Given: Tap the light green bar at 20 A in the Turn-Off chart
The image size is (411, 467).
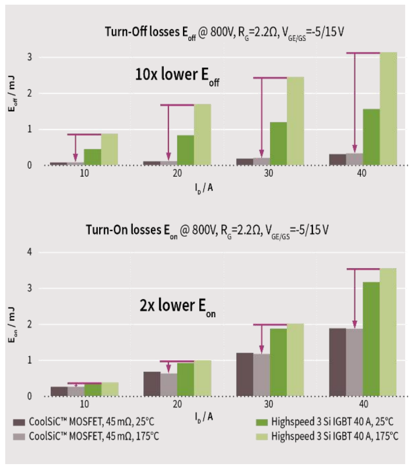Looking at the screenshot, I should [202, 135].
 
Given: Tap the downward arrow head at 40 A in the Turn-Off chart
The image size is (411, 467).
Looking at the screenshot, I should [354, 149].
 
